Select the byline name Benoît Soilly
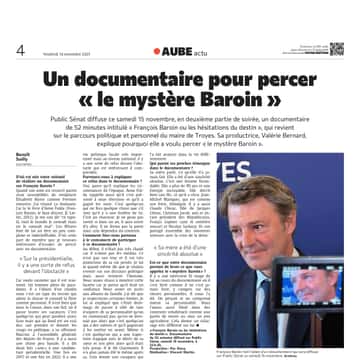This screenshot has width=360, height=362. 26,164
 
